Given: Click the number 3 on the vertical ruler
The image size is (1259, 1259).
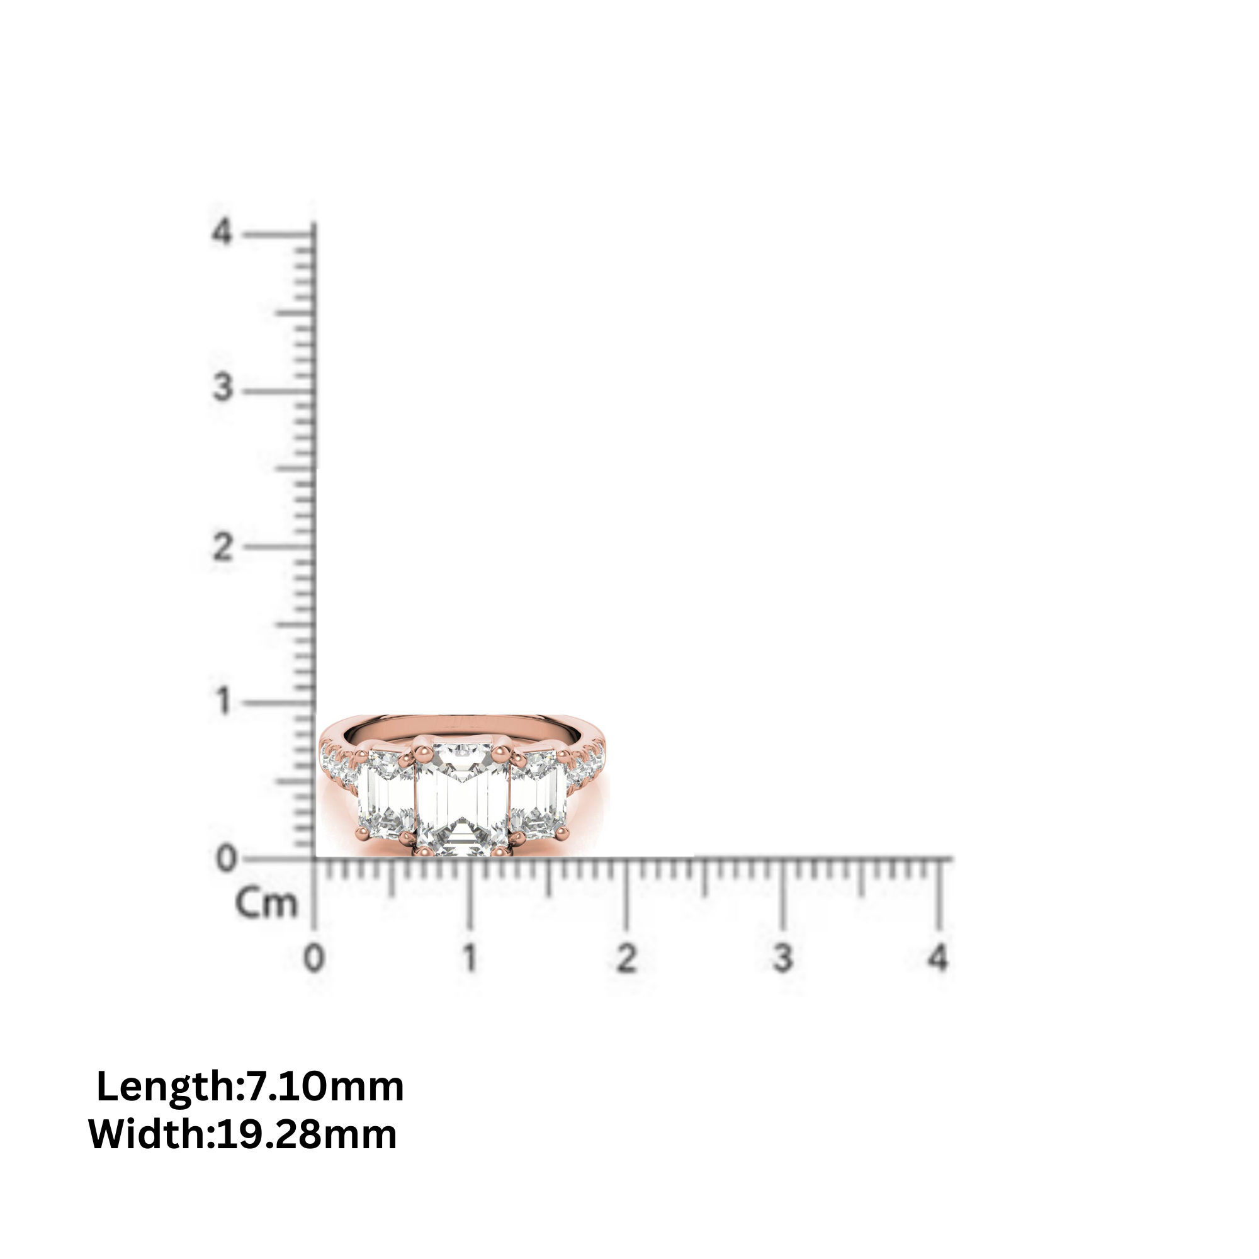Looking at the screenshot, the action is click(x=222, y=388).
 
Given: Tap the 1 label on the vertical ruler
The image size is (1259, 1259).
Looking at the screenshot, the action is click(x=223, y=702).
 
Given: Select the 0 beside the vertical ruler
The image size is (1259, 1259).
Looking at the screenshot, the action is click(x=226, y=859).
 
